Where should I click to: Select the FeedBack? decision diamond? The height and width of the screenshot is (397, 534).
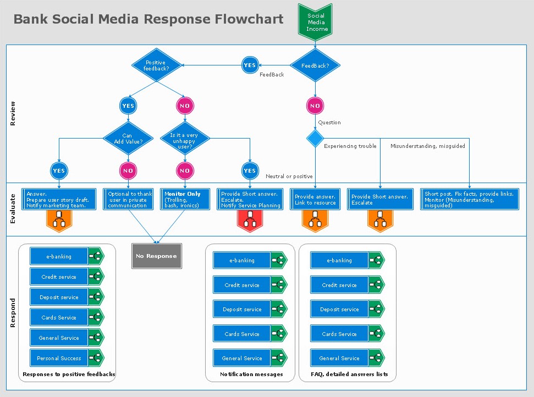coord(315,65)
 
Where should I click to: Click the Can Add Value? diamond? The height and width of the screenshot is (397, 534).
coord(128,138)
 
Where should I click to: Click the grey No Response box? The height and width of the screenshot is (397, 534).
coord(157,256)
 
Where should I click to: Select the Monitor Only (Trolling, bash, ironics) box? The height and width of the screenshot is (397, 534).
coord(185,200)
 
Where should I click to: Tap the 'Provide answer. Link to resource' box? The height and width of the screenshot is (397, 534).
coord(315,200)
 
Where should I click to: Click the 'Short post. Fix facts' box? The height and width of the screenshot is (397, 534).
coord(469,200)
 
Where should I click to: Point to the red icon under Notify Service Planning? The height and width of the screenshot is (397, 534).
coord(250,221)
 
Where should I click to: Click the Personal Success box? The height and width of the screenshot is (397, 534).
coord(59,359)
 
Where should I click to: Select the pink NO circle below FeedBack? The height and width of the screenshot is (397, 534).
coord(315,106)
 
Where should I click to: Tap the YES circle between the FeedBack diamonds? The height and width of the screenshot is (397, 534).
coord(250,65)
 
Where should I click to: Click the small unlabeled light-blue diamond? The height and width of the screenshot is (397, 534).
coord(315,138)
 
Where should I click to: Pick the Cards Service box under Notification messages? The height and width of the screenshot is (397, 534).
coord(242,334)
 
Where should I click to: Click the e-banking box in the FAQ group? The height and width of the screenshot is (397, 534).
coord(339,261)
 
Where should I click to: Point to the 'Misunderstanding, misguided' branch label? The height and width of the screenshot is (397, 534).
coord(427,146)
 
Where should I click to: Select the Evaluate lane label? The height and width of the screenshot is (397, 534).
coord(13,209)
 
